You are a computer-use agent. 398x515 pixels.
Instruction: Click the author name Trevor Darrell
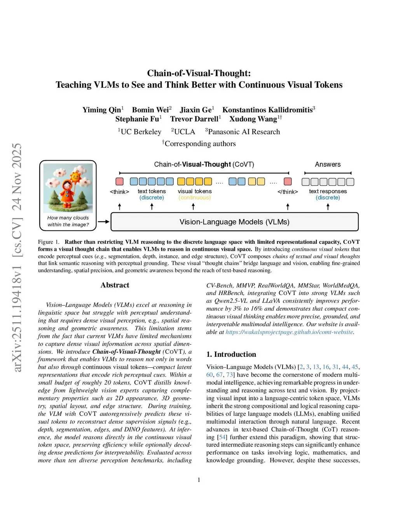click(x=194, y=119)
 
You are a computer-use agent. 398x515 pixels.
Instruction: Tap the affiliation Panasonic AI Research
click(x=244, y=132)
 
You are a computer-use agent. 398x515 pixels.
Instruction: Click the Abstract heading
click(x=115, y=285)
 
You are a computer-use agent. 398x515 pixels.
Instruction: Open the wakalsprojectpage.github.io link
click(x=289, y=332)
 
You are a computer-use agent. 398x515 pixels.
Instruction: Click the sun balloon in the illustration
click(x=75, y=178)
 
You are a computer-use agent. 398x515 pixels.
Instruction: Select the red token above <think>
click(x=119, y=182)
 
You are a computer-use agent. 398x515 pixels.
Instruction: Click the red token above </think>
click(x=288, y=182)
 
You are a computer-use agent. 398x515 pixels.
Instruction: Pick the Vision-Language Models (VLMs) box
click(x=234, y=222)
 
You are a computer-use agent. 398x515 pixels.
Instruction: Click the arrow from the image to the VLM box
click(x=103, y=222)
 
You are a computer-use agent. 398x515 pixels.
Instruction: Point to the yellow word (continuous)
click(x=195, y=197)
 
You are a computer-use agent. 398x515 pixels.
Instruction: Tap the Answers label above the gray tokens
click(x=328, y=164)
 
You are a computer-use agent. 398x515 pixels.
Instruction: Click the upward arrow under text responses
click(x=328, y=207)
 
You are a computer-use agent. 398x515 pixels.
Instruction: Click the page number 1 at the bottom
click(x=199, y=480)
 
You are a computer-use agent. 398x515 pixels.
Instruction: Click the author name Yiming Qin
click(x=102, y=110)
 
